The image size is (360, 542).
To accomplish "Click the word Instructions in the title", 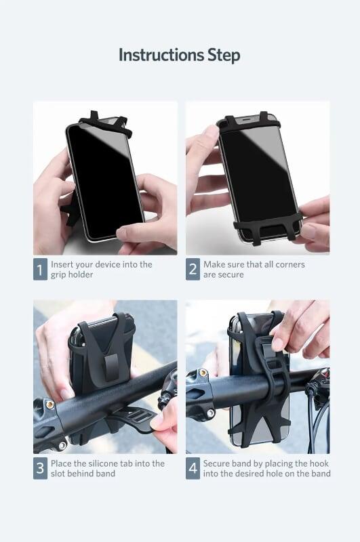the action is click(x=161, y=55).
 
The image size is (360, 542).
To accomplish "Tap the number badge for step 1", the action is click(x=40, y=269).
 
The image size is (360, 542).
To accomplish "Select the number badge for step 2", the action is click(x=193, y=269).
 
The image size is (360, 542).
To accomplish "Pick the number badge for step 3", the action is click(x=40, y=468).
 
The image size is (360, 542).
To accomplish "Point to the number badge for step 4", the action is click(x=193, y=468).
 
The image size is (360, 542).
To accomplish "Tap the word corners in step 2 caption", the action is click(x=288, y=264).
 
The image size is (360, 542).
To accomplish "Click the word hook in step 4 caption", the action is click(x=319, y=463).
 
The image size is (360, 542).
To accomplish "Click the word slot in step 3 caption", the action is click(x=58, y=473).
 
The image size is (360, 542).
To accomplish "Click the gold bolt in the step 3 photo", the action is click(x=50, y=404).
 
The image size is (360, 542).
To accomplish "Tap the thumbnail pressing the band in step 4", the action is click(x=277, y=345).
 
